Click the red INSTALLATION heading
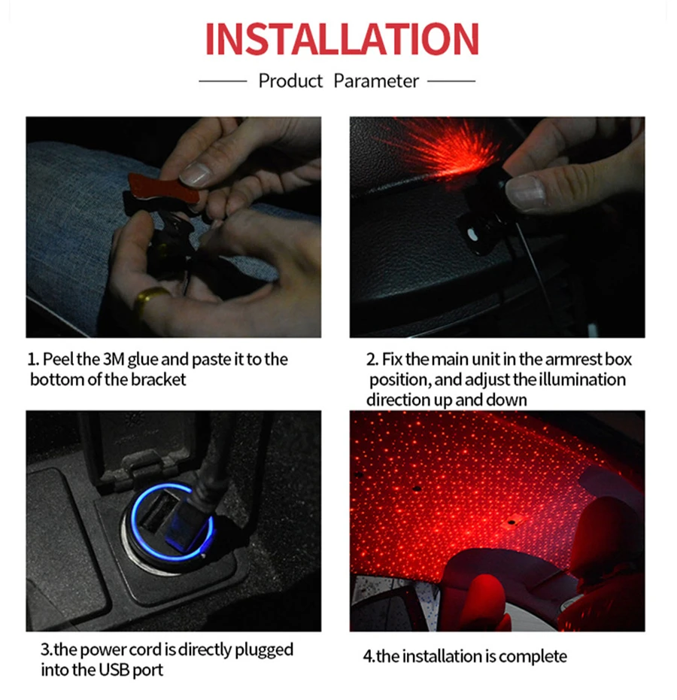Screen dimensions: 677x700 342,38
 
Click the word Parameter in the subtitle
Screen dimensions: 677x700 376,81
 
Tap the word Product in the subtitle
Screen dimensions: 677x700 290,81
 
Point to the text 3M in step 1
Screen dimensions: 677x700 114,359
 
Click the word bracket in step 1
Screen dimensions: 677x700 158,379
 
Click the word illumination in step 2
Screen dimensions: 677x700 582,379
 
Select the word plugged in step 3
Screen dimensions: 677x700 264,650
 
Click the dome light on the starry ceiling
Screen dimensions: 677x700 512,521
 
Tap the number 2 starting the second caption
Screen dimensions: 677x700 370,359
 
